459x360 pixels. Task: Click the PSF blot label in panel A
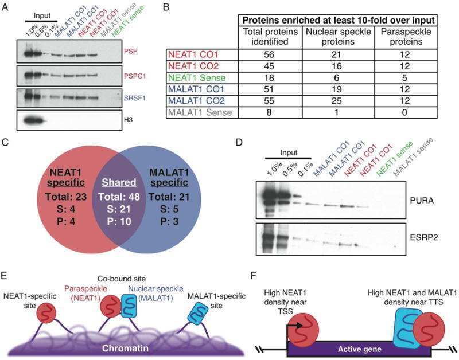[130, 52]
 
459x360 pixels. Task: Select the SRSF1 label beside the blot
[135, 98]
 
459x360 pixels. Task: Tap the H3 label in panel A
[128, 120]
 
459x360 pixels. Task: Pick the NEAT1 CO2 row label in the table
[193, 66]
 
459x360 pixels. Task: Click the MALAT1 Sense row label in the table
[200, 112]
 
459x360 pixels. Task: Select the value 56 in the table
[269, 54]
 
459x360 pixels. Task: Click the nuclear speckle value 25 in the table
[337, 101]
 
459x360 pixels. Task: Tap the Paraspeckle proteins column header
[406, 37]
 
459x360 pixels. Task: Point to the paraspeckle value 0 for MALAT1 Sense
[404, 112]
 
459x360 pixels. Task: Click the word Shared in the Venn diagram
[119, 182]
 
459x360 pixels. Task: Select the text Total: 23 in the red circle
[66, 197]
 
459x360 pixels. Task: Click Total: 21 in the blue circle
[169, 197]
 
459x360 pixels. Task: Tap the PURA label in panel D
[422, 201]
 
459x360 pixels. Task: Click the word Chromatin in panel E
[125, 349]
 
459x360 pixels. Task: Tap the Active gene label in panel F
[360, 349]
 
